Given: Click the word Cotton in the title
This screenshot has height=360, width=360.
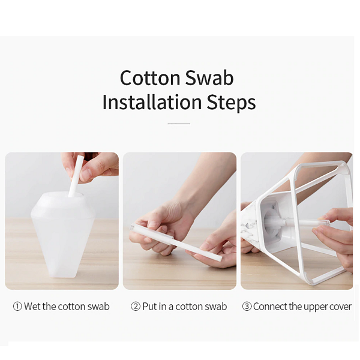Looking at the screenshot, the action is click(x=150, y=78).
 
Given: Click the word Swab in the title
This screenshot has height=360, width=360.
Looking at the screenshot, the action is click(x=209, y=77).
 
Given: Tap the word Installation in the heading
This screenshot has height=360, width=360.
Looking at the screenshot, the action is click(x=152, y=102).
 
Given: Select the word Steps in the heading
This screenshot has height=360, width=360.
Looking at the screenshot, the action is click(x=231, y=103).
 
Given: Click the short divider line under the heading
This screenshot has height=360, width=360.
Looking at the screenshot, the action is click(x=179, y=124).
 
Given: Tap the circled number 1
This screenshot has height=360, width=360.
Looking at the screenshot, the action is click(x=17, y=307).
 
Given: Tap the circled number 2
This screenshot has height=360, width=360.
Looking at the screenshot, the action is click(x=136, y=307).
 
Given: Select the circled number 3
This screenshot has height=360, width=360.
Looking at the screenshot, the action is click(x=247, y=307).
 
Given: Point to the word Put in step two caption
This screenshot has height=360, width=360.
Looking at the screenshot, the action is click(x=149, y=307).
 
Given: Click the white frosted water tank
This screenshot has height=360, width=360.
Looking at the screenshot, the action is click(x=64, y=235).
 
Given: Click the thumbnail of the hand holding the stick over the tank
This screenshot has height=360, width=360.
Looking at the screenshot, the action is click(x=62, y=221).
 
